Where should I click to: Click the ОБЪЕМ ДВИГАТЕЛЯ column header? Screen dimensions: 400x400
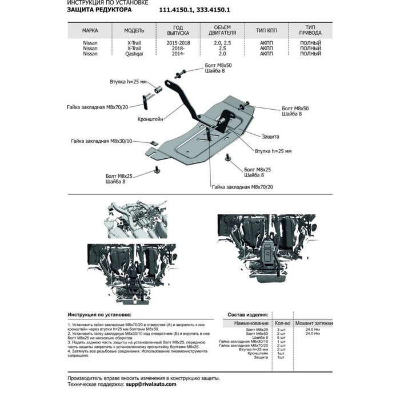(221, 30)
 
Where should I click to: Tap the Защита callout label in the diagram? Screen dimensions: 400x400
(271, 138)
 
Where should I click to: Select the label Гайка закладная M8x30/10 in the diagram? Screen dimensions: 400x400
(102, 141)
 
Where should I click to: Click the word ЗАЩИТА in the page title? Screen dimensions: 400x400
(83, 10)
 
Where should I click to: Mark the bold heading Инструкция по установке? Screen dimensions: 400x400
(99, 315)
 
